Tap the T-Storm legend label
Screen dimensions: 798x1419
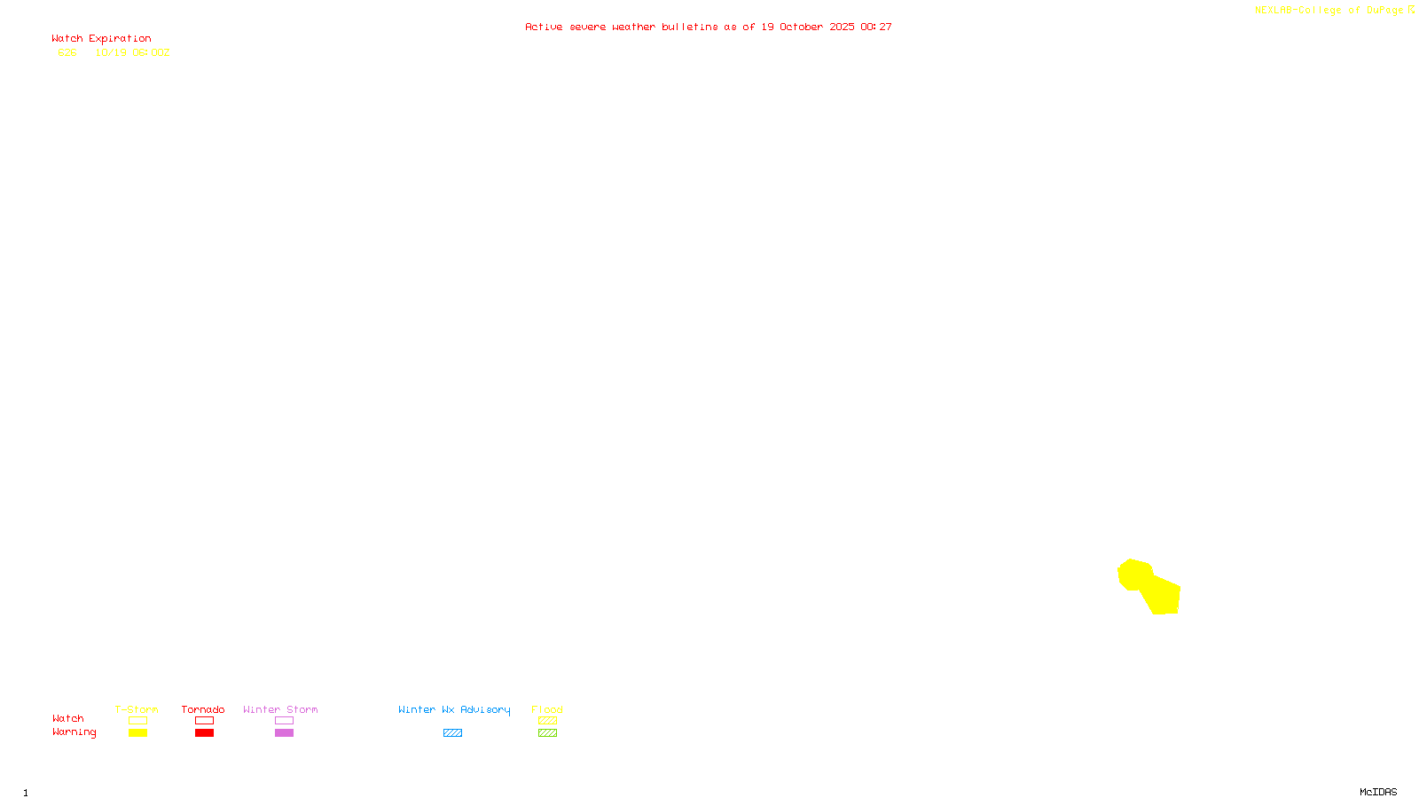[137, 709]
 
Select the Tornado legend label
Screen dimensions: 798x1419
[203, 709]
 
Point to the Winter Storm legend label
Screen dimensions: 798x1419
[280, 709]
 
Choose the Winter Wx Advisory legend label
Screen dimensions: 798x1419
[454, 709]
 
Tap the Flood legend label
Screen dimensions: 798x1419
[547, 709]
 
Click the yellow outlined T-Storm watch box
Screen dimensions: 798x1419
[137, 721]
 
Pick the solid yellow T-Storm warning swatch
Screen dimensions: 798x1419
[137, 733]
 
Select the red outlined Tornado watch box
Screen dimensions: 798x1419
[204, 721]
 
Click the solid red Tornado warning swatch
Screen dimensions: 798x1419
[204, 733]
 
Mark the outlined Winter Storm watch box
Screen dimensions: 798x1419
[284, 721]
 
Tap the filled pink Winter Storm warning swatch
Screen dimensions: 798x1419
[284, 733]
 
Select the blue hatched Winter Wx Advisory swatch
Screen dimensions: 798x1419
[452, 733]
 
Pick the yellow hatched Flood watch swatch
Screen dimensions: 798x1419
[547, 721]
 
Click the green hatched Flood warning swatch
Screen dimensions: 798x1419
[547, 733]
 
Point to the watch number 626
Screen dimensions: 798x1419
[67, 52]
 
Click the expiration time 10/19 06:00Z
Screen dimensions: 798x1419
[132, 52]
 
